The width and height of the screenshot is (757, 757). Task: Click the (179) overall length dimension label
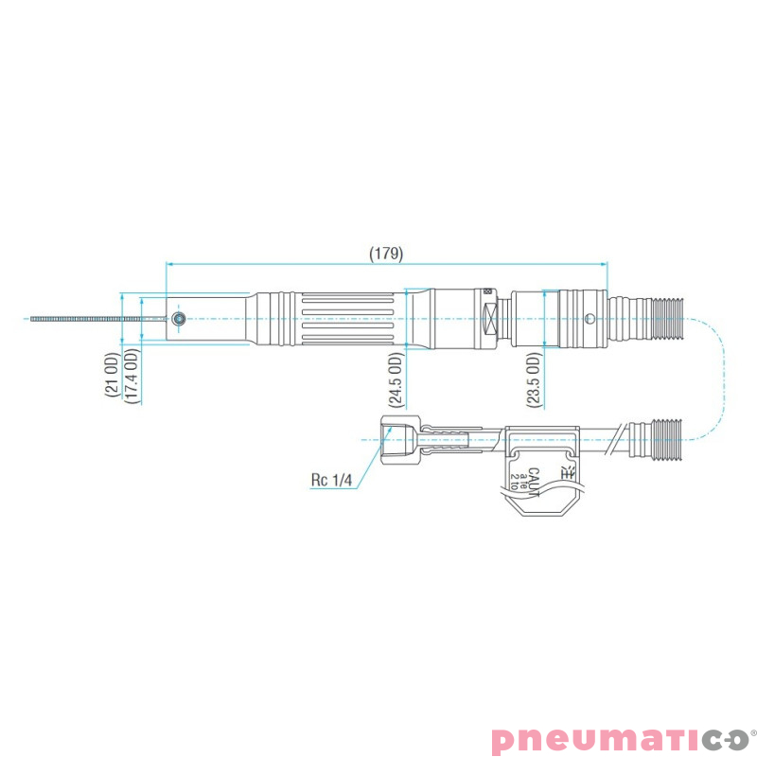pyautogui.click(x=386, y=254)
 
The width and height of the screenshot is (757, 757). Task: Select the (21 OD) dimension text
pyautogui.click(x=111, y=377)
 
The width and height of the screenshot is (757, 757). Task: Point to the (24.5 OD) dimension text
pyautogui.click(x=396, y=379)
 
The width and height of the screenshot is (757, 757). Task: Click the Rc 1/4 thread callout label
pyautogui.click(x=330, y=480)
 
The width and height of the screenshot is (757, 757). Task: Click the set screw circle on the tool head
pyautogui.click(x=177, y=319)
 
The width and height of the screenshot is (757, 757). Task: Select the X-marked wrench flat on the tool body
pyautogui.click(x=490, y=318)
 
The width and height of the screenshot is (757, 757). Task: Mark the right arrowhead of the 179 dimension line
pyautogui.click(x=605, y=265)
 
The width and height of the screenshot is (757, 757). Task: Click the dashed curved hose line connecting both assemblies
pyautogui.click(x=723, y=378)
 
